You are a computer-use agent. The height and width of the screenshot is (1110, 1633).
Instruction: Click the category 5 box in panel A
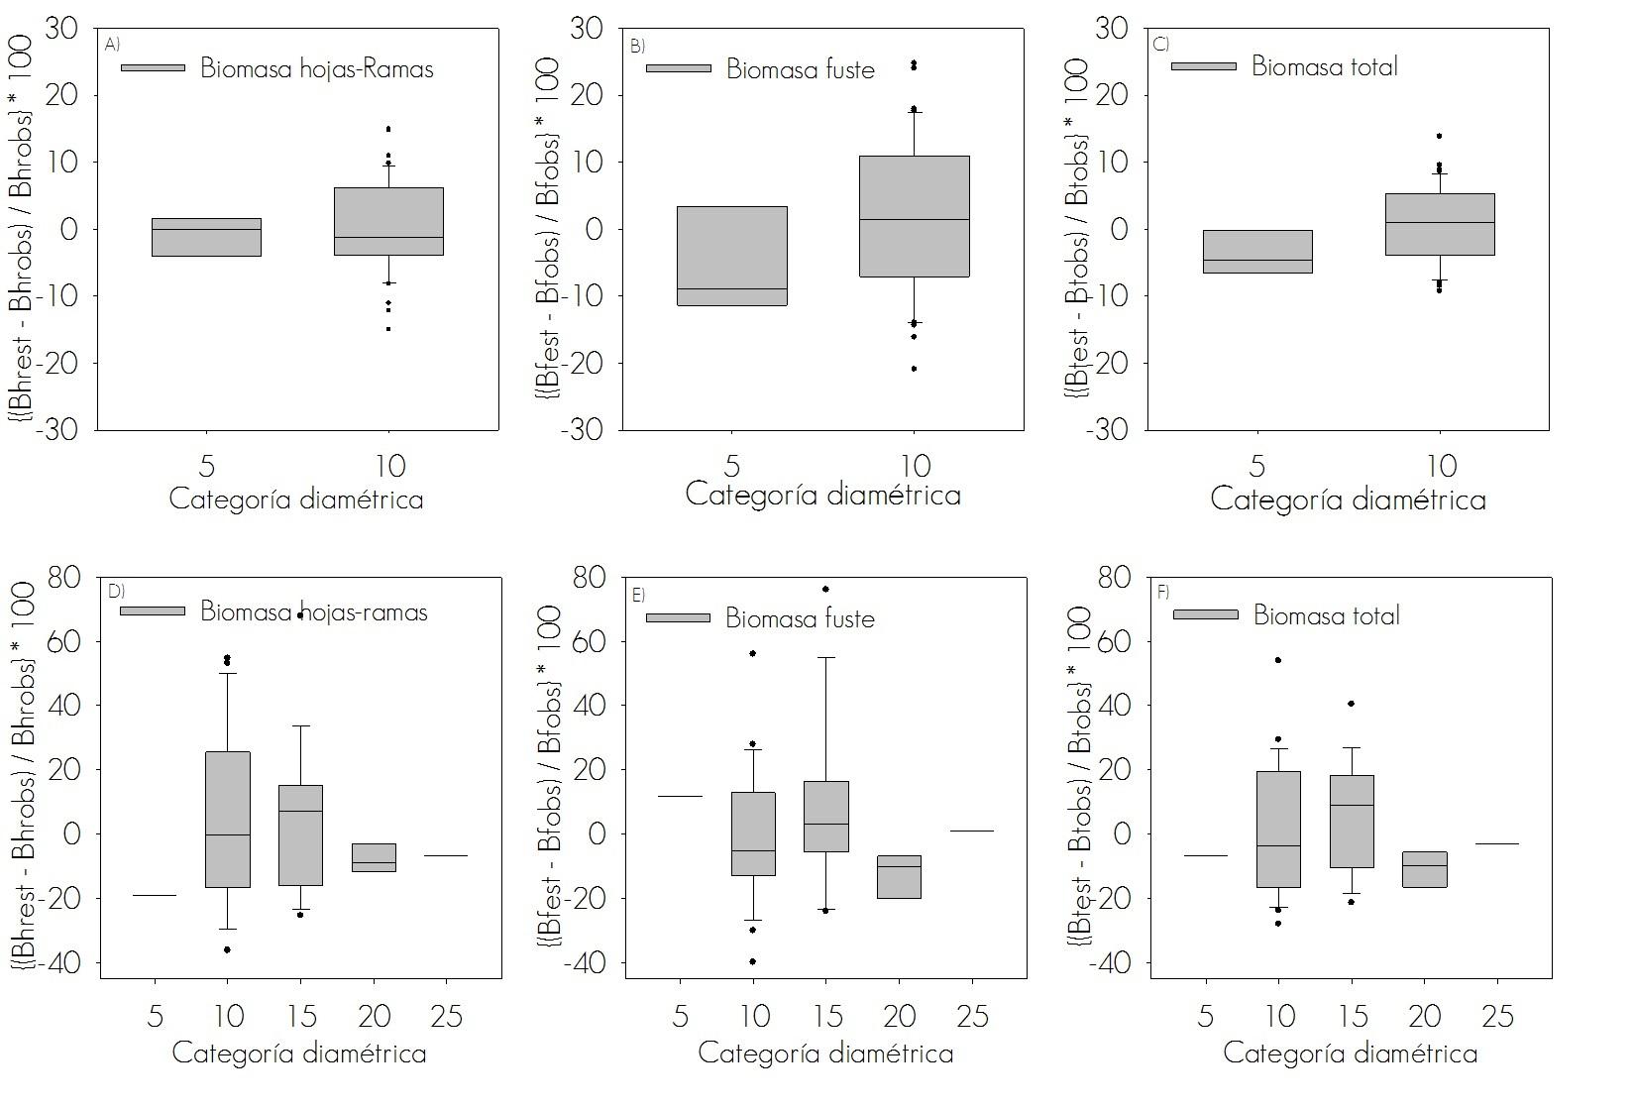click(x=206, y=237)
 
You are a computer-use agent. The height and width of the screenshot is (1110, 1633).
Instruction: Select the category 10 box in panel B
click(x=914, y=216)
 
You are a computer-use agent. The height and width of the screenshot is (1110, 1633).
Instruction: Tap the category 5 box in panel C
click(x=1257, y=252)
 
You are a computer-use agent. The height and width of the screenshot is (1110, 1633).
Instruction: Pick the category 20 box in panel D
click(x=374, y=857)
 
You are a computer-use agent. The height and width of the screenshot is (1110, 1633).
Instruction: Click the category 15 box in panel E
click(x=826, y=817)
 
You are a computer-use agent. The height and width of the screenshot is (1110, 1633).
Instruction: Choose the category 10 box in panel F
click(x=1278, y=830)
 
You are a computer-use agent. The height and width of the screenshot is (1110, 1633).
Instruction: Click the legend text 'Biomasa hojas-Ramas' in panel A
click(x=317, y=68)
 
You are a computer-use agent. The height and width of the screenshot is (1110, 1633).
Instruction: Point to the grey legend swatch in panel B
click(x=679, y=68)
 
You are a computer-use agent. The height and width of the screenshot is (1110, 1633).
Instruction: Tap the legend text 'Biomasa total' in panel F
click(x=1327, y=615)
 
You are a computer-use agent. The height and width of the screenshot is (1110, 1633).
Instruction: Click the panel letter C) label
click(x=1162, y=44)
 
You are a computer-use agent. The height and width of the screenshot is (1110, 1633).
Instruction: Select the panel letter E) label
click(x=638, y=595)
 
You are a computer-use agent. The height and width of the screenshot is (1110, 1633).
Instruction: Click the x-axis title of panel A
click(x=296, y=499)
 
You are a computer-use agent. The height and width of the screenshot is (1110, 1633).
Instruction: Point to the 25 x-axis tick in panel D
click(x=446, y=1016)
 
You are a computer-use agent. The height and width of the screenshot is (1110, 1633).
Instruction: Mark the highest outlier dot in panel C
click(x=1439, y=136)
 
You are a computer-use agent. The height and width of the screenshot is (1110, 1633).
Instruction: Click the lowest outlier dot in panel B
click(x=914, y=369)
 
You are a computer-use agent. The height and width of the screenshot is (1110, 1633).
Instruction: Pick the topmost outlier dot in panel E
click(x=825, y=589)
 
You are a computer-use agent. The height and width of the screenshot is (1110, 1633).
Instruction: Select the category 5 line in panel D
click(x=155, y=895)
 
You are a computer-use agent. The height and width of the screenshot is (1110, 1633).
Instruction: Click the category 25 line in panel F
click(x=1497, y=843)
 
